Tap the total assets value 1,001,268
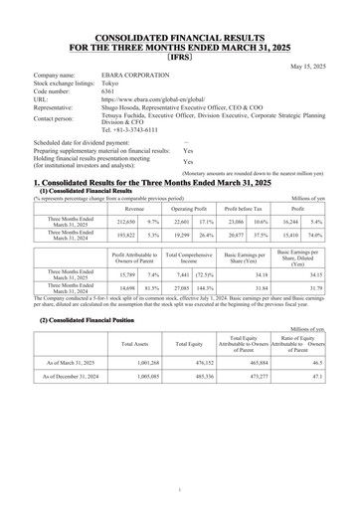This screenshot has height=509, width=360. click(x=129, y=366)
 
